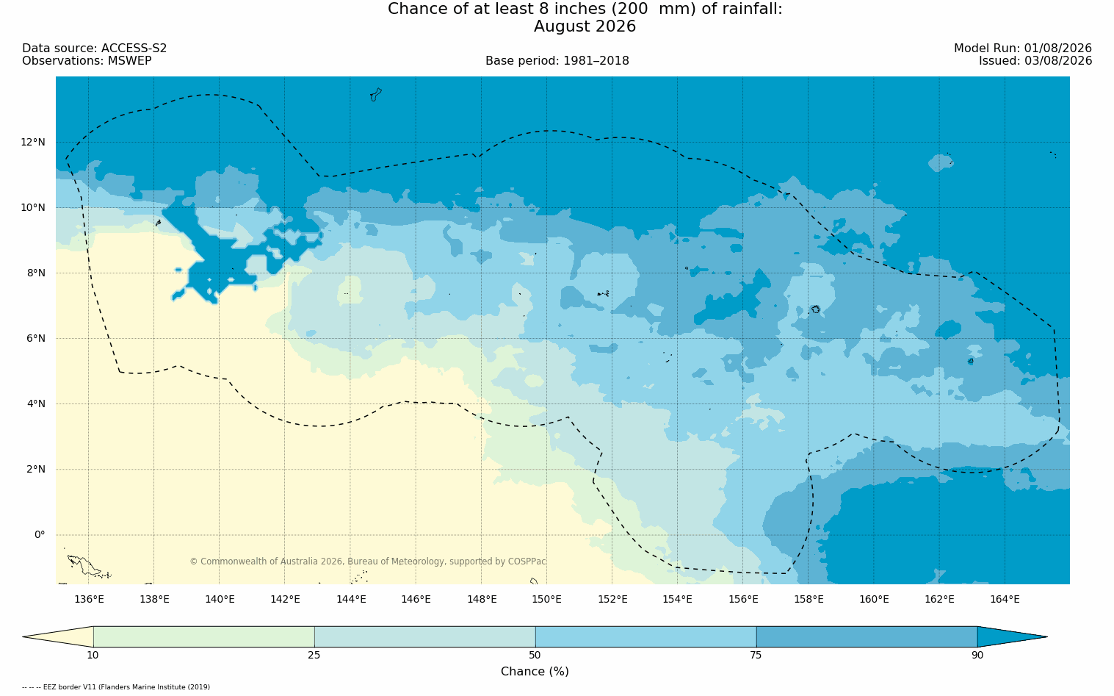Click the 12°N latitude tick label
pos(32,143)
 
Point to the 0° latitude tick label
pos(40,535)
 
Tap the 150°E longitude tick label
pos(546,599)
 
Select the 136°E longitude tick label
pos(89,599)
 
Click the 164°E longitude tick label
pos(1005,599)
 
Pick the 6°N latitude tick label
pos(35,339)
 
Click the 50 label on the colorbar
pos(535,655)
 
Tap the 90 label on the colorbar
pos(977,655)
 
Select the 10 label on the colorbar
pos(93,655)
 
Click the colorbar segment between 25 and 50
pos(424,636)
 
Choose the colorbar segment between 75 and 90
pos(867,636)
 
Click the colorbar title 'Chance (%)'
pos(535,672)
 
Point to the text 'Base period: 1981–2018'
pos(557,61)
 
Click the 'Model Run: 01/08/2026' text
pos(1022,49)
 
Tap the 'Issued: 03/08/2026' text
pos(1035,61)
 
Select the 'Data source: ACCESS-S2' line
pos(95,49)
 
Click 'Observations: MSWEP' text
pos(87,61)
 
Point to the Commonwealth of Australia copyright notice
pos(368,561)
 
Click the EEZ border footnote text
pos(116,687)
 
